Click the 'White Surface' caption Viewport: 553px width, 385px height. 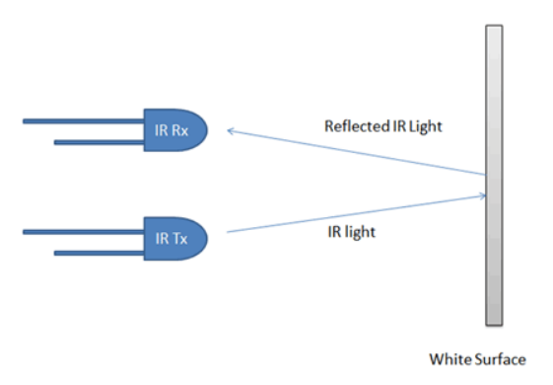coord(477,358)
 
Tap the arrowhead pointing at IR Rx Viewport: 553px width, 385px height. coord(230,130)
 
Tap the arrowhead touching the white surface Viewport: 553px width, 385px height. coord(481,195)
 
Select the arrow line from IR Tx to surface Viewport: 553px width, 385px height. coord(355,214)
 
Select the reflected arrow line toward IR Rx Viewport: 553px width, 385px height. coord(355,153)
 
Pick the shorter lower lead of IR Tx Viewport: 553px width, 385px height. coord(99,253)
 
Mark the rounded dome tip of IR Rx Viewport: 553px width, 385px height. coord(201,130)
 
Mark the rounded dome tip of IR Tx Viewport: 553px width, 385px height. coord(201,237)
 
